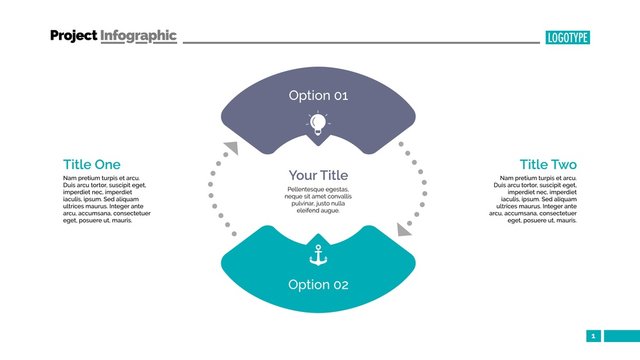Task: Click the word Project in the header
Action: (x=73, y=36)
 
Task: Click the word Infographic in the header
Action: (x=138, y=36)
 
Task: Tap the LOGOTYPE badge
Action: (x=567, y=38)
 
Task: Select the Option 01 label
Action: (x=318, y=96)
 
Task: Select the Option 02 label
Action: (x=318, y=285)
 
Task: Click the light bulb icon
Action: (x=318, y=124)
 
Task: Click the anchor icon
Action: (x=318, y=256)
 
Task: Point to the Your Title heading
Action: (x=317, y=175)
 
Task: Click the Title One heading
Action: (x=91, y=165)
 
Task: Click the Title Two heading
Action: (x=548, y=165)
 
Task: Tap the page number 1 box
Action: (x=593, y=336)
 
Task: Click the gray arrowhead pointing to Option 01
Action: (x=231, y=149)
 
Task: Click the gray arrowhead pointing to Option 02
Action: (x=404, y=229)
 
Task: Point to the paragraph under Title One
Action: (x=106, y=199)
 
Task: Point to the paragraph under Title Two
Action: (x=534, y=199)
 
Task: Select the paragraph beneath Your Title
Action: (x=317, y=200)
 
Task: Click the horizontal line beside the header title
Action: (x=360, y=42)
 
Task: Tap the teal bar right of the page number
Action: (x=620, y=336)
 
